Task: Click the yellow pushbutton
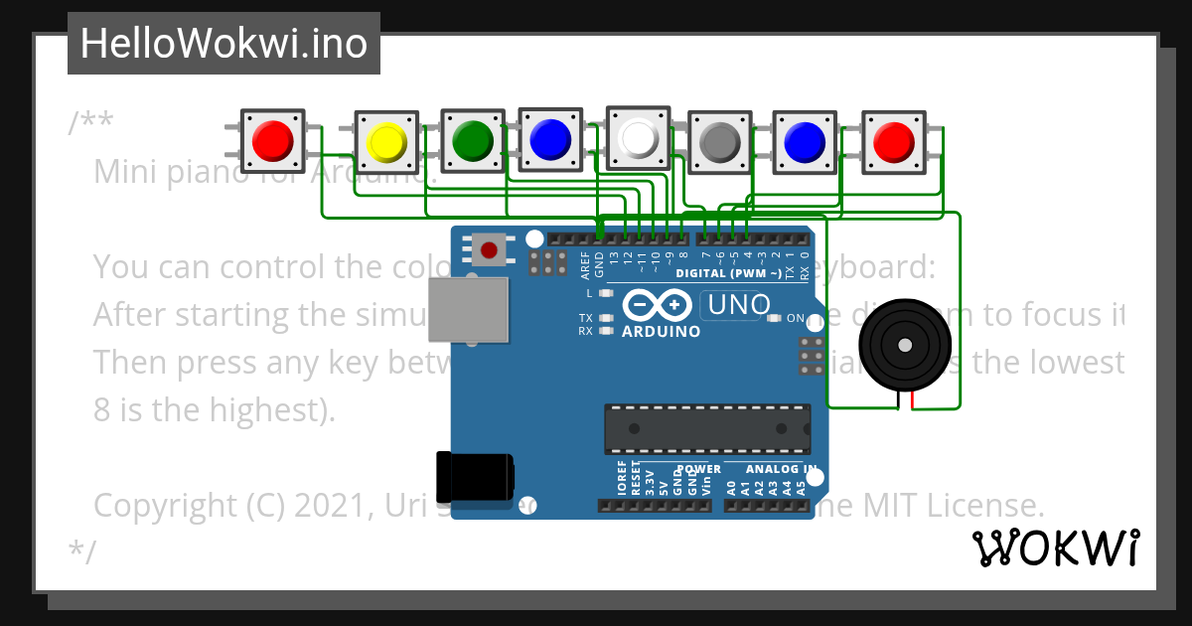386,143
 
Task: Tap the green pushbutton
473,141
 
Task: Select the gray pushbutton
720,143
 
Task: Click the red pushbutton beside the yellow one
272,141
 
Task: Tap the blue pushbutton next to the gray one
805,142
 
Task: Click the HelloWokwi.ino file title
223,44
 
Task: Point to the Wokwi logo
1055,548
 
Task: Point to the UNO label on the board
736,304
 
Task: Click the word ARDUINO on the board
661,332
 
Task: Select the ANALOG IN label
782,469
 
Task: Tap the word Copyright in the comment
165,506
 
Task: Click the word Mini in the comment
123,172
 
